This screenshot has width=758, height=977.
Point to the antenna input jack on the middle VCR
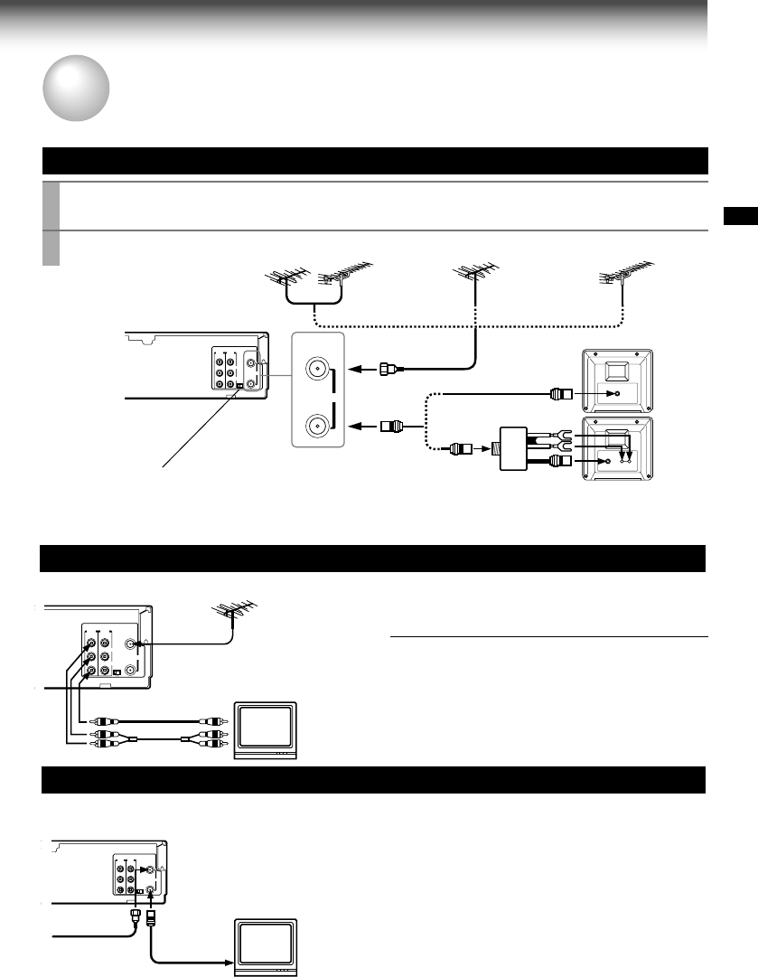(133, 644)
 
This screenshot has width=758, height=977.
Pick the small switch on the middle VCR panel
(118, 672)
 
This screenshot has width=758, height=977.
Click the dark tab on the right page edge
(741, 216)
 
